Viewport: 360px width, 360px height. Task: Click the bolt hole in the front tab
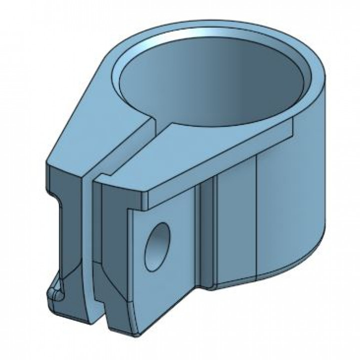pos(157,247)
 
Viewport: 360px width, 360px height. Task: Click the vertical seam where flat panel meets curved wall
pos(256,220)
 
